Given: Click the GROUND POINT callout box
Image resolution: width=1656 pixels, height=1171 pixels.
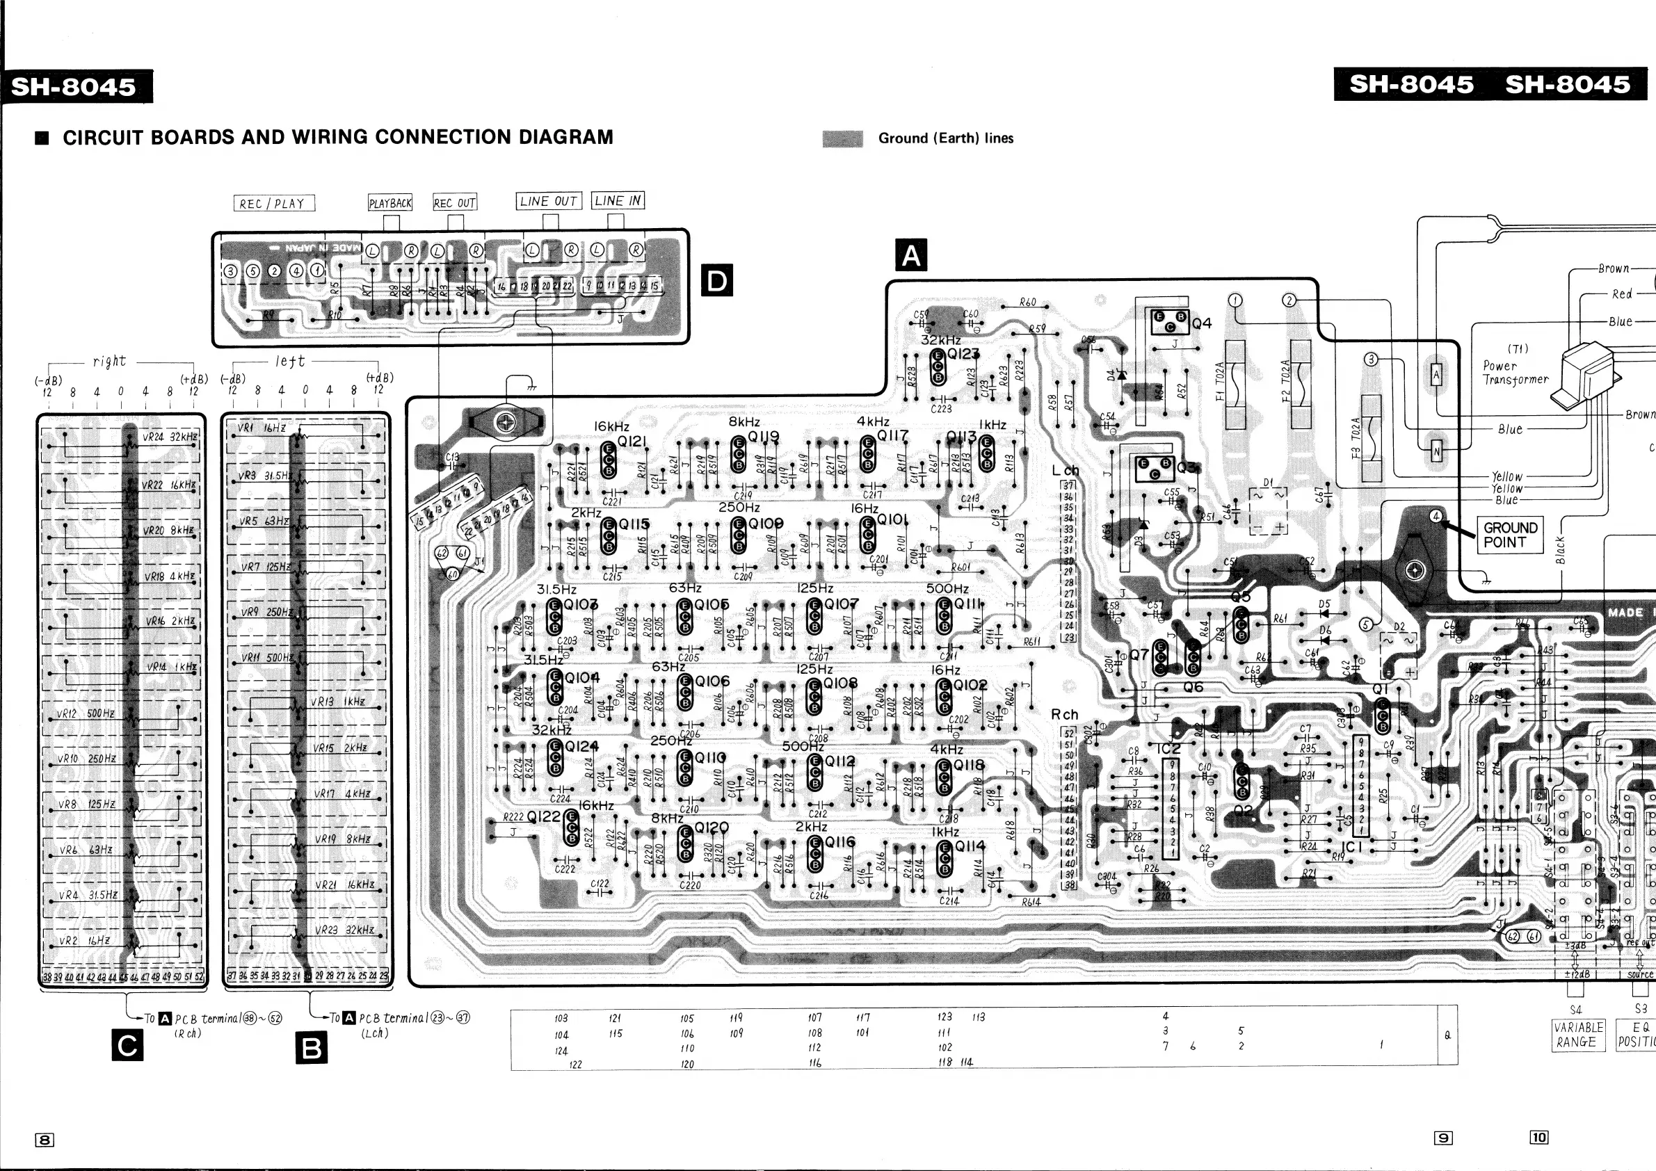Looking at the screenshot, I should click(1511, 535).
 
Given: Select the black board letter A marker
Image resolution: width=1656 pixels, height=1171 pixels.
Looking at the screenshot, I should click(911, 255).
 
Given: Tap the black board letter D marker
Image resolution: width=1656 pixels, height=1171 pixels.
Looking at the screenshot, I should click(717, 280).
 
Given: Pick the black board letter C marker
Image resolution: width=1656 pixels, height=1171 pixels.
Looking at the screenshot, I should click(128, 1045).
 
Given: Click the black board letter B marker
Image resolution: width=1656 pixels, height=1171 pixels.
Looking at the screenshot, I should click(312, 1048).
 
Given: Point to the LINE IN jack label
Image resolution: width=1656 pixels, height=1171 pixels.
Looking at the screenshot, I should click(618, 200).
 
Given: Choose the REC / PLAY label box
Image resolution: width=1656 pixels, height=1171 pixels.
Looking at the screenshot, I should click(274, 203).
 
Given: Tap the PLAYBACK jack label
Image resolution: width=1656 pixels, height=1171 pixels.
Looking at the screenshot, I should click(390, 202).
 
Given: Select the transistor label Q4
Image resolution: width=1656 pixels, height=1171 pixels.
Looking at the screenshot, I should click(1202, 323).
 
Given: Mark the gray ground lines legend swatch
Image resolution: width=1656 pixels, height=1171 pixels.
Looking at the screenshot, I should click(842, 138).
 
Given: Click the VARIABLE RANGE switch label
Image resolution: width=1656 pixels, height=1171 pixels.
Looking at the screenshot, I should click(1578, 1035).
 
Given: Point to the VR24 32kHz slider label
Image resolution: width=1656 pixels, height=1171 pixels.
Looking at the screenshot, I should click(170, 436).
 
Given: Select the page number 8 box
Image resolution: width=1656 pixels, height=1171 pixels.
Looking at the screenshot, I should click(45, 1139).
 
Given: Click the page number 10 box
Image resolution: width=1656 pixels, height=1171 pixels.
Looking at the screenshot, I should click(1538, 1137).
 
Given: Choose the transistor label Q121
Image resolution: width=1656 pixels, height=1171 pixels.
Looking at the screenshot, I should click(632, 441).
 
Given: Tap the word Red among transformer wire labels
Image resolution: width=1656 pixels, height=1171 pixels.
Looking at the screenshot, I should click(1621, 294).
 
